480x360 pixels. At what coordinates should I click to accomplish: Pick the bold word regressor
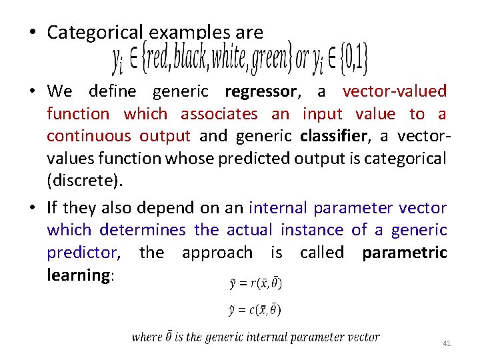point(261,91)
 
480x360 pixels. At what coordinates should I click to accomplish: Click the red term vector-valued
point(394,91)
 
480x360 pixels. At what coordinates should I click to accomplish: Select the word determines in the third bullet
point(143,231)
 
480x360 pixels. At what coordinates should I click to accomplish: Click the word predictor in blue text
point(83,253)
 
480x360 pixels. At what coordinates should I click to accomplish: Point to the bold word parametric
point(404,253)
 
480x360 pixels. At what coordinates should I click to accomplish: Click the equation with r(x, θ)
point(255,284)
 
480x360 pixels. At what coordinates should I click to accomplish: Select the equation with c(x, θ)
point(255,309)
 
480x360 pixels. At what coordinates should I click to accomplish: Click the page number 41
point(447,343)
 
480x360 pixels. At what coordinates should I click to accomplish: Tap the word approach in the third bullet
point(217,253)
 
